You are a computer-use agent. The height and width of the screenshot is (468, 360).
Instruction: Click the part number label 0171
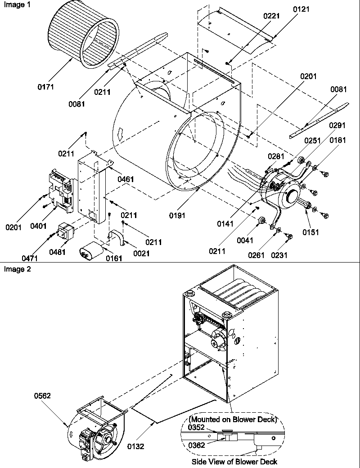45,87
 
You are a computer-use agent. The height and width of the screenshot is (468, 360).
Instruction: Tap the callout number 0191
177,215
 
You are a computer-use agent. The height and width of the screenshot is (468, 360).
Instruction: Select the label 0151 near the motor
310,232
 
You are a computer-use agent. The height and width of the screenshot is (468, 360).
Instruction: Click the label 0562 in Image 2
42,396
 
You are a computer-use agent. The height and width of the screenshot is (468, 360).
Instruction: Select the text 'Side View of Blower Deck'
234,462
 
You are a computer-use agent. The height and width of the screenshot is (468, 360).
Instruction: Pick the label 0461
126,179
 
